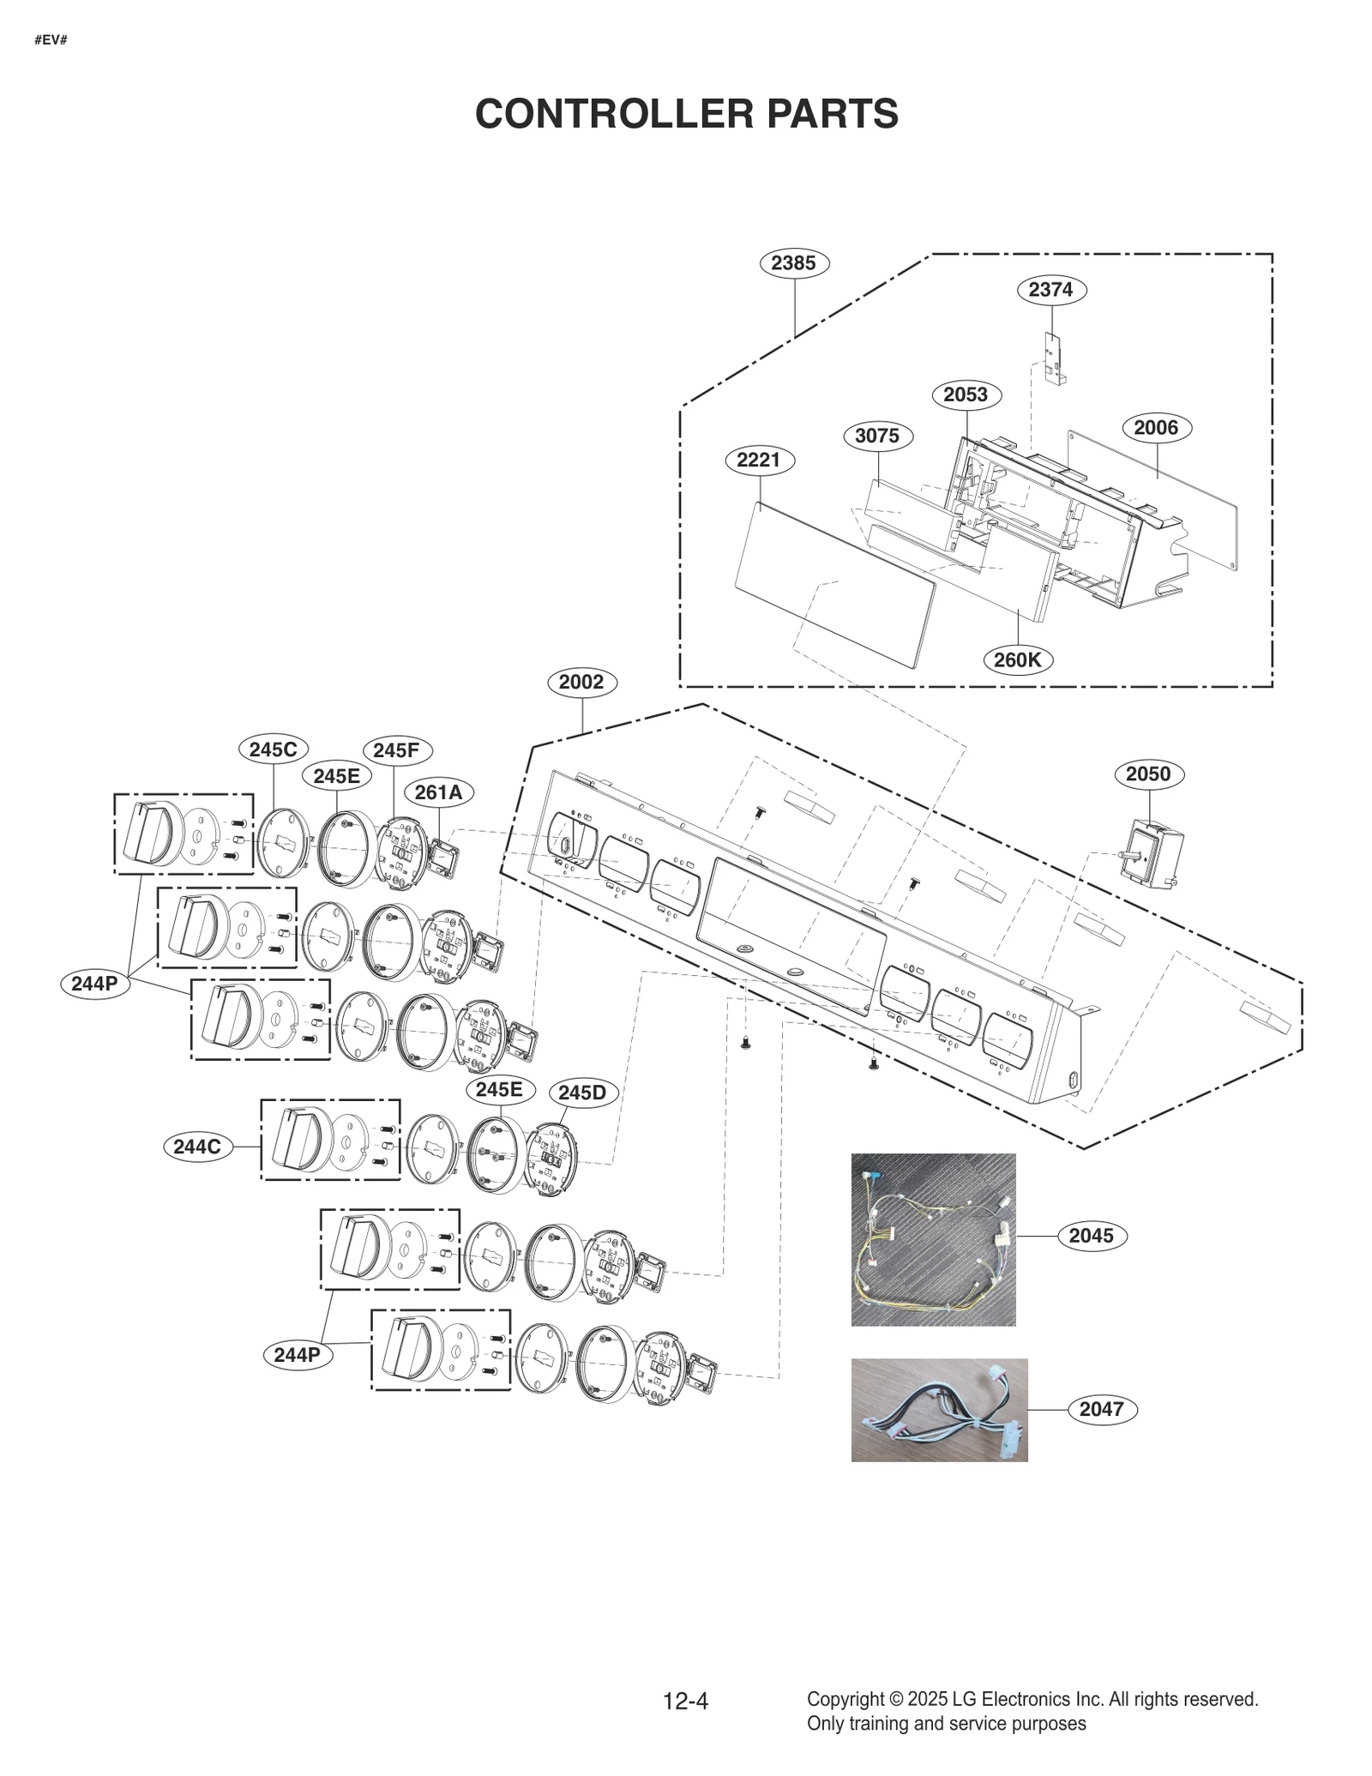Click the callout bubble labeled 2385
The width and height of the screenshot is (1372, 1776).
click(x=794, y=263)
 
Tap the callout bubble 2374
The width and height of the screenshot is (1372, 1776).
click(x=1051, y=290)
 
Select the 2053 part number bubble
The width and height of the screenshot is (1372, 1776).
click(x=966, y=394)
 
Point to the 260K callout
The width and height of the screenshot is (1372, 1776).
click(x=1017, y=660)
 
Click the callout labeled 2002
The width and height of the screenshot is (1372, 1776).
click(x=581, y=683)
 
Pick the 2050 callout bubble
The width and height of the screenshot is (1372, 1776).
click(x=1148, y=774)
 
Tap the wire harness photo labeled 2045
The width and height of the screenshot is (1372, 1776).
click(x=933, y=1239)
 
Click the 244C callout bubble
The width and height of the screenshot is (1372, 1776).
click(x=197, y=1147)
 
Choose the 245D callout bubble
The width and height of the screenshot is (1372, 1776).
click(x=582, y=1093)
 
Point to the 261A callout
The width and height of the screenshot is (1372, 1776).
click(x=438, y=792)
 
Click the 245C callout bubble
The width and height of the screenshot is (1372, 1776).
click(x=273, y=750)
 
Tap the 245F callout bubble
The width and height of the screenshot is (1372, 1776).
click(x=396, y=750)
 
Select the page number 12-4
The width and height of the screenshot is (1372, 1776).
click(x=685, y=1701)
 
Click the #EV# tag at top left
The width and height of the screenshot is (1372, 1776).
click(x=51, y=40)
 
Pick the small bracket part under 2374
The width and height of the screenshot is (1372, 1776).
click(x=1054, y=358)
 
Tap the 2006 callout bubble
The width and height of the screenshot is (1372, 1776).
click(x=1156, y=428)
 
